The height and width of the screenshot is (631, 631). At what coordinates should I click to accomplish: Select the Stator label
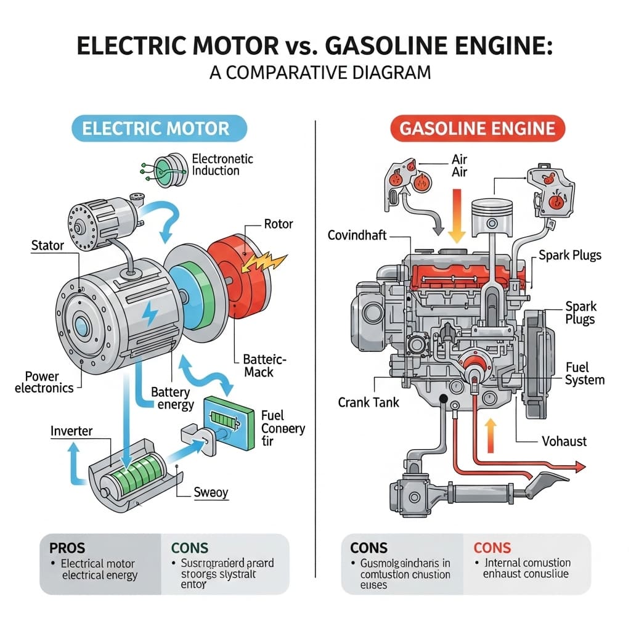tap(47, 246)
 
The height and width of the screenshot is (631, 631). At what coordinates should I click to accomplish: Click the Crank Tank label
tap(368, 402)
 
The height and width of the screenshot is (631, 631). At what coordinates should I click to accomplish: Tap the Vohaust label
tap(564, 441)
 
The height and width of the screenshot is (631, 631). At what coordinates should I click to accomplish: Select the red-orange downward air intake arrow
tap(457, 219)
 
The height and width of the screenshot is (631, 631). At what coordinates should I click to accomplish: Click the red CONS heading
tap(492, 548)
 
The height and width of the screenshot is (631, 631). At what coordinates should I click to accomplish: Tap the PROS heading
tap(65, 548)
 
